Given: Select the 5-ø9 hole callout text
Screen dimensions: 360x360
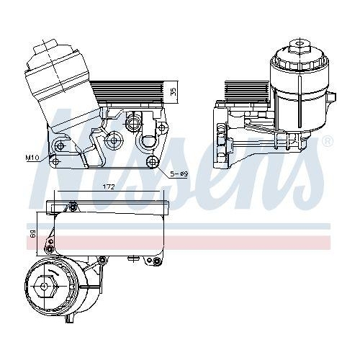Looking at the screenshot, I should (180, 174).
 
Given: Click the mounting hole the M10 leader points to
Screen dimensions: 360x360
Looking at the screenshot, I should (59, 148).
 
